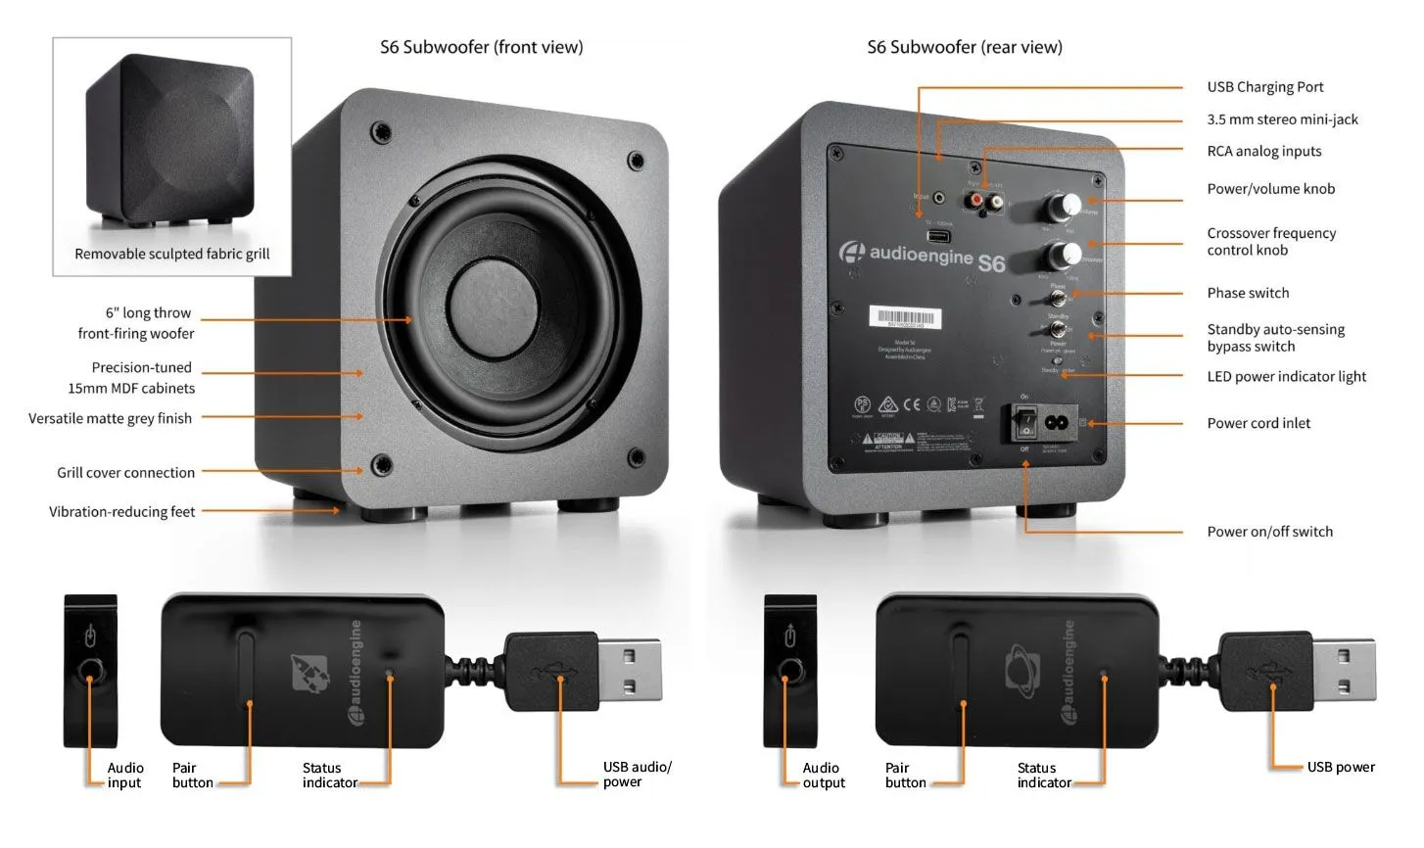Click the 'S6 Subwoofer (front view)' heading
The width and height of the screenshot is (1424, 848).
(481, 47)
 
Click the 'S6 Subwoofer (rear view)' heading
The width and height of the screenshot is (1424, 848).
(964, 47)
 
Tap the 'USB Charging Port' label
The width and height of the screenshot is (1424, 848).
(1264, 87)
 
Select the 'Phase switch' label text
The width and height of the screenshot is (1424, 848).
(1247, 293)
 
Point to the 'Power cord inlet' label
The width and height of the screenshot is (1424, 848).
(1258, 423)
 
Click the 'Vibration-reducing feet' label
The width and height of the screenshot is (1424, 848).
(121, 511)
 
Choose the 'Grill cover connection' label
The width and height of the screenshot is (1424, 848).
(125, 472)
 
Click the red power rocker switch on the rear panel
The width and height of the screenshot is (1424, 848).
(1024, 423)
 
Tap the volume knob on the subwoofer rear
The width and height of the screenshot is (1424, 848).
(1061, 207)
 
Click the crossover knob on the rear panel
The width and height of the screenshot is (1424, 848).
(1061, 255)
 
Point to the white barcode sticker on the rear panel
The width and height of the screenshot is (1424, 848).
(905, 318)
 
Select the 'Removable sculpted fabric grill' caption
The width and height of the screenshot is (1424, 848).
(171, 254)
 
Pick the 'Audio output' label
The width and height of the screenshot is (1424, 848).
(823, 775)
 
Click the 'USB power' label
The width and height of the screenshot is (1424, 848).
(1340, 767)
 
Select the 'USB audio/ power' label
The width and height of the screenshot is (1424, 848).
(636, 774)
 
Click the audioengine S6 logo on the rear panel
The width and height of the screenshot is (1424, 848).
(922, 257)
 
